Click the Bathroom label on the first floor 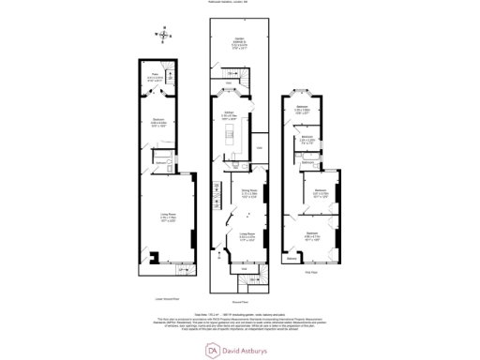pyautogui.click(x=307, y=139)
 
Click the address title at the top pyautogui.click(x=239, y=6)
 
